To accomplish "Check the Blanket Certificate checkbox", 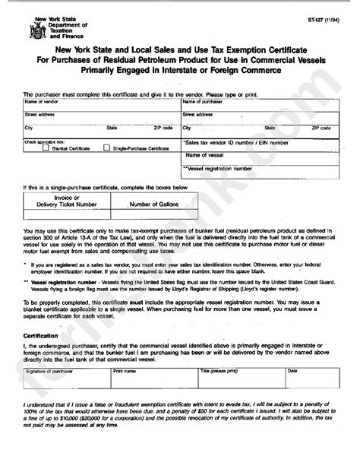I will (46, 148).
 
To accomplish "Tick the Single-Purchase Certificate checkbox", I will (106, 148).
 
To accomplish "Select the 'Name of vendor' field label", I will (41, 101).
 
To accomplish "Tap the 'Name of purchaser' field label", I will (202, 101).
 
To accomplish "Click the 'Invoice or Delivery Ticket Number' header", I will (67, 201).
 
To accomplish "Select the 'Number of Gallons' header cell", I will (152, 204).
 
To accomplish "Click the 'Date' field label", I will (292, 371).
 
